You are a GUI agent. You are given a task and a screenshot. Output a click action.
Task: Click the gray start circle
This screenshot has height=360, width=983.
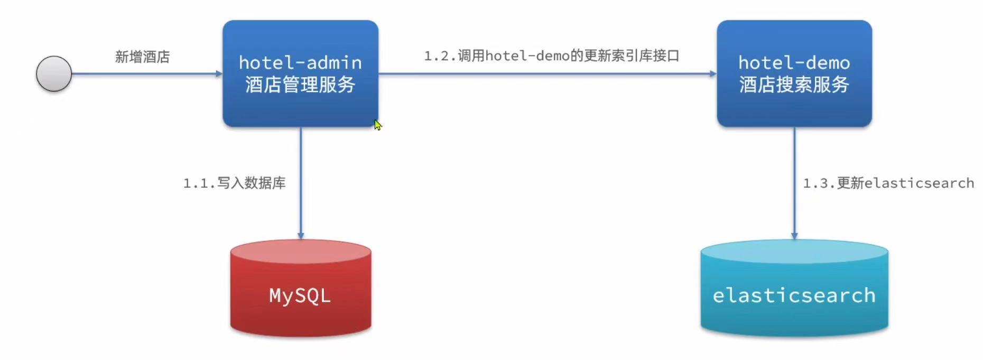coord(54,73)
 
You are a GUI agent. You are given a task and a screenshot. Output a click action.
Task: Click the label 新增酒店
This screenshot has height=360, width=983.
coord(142,57)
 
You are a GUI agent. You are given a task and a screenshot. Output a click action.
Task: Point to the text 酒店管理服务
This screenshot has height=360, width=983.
coord(300,85)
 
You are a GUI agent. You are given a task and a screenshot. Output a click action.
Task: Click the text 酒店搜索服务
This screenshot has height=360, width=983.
coord(794,85)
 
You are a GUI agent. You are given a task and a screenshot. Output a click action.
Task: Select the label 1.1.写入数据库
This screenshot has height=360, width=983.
coord(234,183)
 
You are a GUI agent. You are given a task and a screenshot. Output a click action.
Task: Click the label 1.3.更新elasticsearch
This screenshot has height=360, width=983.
coord(888,183)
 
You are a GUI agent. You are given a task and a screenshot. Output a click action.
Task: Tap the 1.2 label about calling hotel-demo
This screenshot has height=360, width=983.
coord(551,56)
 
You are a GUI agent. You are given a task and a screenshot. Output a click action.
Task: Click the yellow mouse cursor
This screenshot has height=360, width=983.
coord(377,125)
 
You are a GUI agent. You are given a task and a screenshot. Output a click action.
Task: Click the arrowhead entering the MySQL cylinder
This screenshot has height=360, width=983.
coord(301,236)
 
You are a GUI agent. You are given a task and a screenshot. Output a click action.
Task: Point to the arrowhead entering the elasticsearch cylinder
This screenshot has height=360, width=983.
coord(794,236)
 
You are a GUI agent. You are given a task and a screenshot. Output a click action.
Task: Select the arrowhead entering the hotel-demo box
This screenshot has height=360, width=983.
coord(713,73)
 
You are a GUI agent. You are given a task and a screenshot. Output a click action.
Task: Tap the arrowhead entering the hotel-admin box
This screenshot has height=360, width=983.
coord(219,73)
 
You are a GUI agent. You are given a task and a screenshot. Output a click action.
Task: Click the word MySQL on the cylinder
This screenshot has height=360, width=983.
coord(300,296)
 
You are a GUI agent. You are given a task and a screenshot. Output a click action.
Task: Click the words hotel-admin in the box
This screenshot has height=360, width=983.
coord(300,62)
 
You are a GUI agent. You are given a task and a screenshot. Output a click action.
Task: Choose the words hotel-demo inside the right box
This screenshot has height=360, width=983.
coord(794,62)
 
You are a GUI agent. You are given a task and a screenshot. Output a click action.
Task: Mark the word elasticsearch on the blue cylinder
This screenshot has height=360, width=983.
coord(794,296)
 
